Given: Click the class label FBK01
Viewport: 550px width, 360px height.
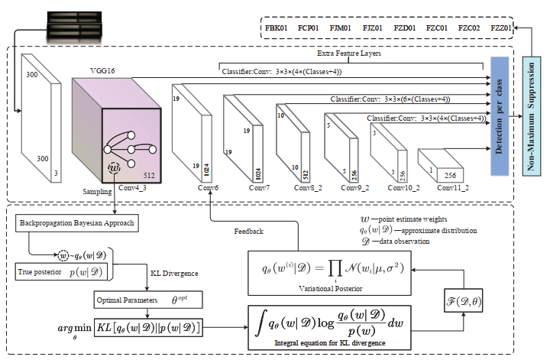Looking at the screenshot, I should tap(277, 28).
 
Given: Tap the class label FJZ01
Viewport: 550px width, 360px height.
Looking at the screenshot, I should tap(371, 28).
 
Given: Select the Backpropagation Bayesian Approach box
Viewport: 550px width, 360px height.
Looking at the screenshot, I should tap(73, 222).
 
